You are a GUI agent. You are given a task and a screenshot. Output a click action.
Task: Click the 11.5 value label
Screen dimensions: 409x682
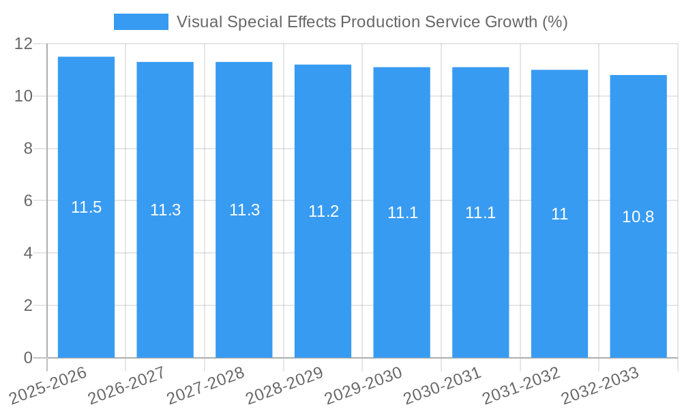(86, 207)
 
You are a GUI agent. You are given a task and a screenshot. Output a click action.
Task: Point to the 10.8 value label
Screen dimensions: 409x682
(638, 217)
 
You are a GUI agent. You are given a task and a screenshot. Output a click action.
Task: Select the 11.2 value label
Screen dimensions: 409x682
(323, 211)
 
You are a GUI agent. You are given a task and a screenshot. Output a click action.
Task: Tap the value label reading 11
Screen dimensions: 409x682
(559, 214)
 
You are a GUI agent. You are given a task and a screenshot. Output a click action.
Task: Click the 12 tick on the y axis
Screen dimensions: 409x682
(23, 44)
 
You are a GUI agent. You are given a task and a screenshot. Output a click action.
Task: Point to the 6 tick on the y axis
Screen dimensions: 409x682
(28, 201)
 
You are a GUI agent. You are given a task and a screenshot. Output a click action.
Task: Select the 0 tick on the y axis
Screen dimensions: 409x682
(28, 358)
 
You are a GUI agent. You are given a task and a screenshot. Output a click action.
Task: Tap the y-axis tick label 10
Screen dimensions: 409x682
(23, 96)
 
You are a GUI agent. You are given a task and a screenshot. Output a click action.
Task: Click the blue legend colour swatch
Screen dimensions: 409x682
(140, 22)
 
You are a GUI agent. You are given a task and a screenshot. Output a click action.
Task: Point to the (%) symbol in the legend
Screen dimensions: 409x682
(555, 22)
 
